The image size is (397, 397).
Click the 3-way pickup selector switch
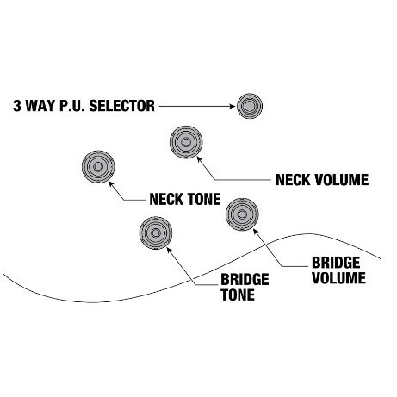click(250, 106)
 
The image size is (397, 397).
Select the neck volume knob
click(186, 142)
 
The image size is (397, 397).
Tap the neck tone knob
click(98, 167)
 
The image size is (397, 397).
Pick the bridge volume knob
click(242, 214)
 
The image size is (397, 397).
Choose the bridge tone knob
click(156, 233)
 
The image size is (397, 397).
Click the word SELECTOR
click(121, 106)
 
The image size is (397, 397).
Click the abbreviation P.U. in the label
click(72, 106)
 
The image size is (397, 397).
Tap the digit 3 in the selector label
click(17, 106)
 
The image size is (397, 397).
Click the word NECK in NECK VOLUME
click(293, 180)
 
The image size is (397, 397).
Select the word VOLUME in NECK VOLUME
click(342, 180)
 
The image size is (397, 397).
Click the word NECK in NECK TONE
click(166, 199)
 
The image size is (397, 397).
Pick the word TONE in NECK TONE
click(204, 199)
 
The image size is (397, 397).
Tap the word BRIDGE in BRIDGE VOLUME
click(336, 263)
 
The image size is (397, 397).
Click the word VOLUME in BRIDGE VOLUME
click(338, 278)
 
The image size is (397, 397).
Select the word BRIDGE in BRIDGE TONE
click(245, 280)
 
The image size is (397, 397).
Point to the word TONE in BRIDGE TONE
click(238, 295)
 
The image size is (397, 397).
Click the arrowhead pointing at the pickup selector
click(233, 106)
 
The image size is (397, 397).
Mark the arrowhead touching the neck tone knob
click(111, 183)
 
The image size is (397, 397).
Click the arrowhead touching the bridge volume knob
click(256, 232)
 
